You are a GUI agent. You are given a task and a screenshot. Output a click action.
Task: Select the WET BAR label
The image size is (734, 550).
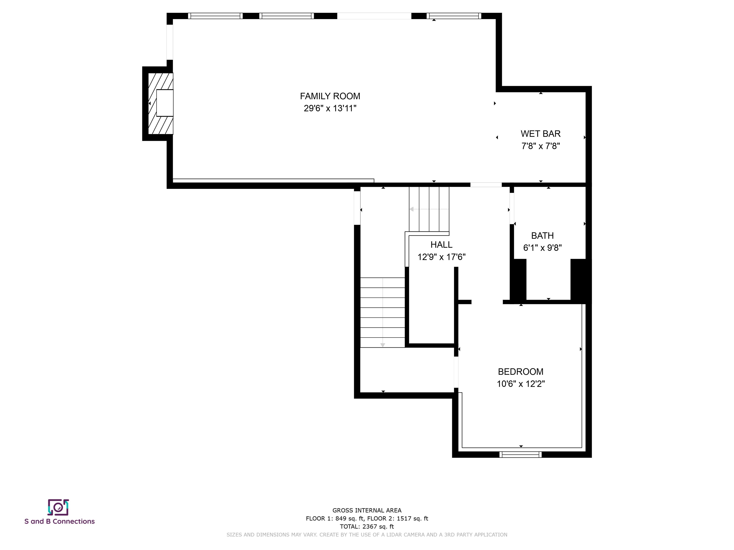point(540,134)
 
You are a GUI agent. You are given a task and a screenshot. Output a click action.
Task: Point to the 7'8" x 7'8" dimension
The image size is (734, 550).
point(540,146)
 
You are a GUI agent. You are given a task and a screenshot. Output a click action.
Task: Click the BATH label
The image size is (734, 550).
point(542,236)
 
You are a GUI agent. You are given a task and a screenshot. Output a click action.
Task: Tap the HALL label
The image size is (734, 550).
point(441,245)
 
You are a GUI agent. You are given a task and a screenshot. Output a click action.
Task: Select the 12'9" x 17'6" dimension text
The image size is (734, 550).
point(441,257)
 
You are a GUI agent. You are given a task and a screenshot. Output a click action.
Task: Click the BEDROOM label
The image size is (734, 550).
point(521,372)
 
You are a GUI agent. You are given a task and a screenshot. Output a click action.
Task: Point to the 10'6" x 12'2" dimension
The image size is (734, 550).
point(521,384)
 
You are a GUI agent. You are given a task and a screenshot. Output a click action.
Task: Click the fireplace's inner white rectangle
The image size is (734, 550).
point(165,103)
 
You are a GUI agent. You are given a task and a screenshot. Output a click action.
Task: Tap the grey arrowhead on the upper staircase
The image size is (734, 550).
point(411,209)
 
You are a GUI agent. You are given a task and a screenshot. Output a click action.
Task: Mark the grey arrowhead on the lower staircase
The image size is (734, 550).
point(383,345)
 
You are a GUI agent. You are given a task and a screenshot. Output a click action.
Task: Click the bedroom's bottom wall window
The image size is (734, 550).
point(520,455)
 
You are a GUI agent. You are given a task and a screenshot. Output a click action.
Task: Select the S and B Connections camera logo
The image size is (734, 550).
point(58,507)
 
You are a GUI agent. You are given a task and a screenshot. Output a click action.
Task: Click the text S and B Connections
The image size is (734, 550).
point(59,522)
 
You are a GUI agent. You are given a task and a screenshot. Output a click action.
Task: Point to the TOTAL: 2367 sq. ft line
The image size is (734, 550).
point(367,526)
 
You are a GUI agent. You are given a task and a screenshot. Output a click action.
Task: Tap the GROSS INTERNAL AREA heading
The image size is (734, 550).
point(367,511)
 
